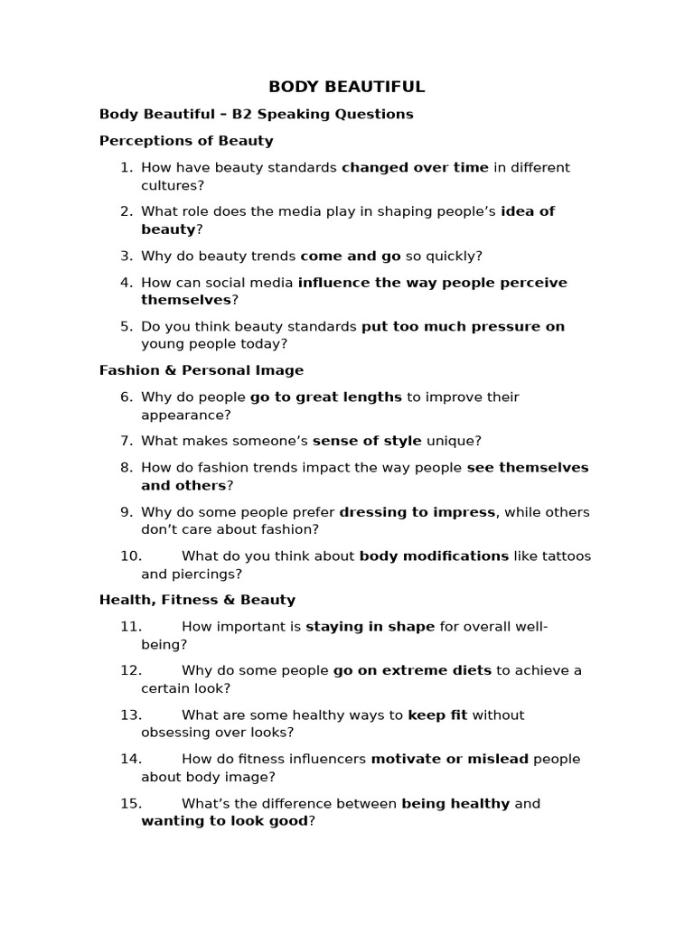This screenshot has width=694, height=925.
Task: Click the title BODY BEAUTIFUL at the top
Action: pyautogui.click(x=347, y=87)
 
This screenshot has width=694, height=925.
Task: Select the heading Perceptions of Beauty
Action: pyautogui.click(x=186, y=141)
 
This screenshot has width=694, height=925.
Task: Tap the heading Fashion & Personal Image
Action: pyautogui.click(x=202, y=370)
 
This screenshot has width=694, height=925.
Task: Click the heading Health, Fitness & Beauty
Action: pyautogui.click(x=197, y=600)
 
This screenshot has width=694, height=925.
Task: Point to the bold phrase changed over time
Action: pyautogui.click(x=415, y=167)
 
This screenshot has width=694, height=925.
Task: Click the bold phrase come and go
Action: pyautogui.click(x=351, y=256)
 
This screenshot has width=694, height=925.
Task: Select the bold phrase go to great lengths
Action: pyautogui.click(x=326, y=397)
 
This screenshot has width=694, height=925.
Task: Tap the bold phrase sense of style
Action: pyautogui.click(x=367, y=441)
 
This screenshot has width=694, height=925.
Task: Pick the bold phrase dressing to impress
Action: pyautogui.click(x=417, y=512)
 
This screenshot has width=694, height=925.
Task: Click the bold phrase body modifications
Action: pyautogui.click(x=434, y=556)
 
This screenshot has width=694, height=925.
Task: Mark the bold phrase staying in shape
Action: pyautogui.click(x=370, y=626)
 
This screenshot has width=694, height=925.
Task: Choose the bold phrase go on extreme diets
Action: pyautogui.click(x=412, y=670)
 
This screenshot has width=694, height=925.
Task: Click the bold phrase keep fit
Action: pyautogui.click(x=437, y=715)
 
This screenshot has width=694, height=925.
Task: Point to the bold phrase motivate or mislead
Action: pyautogui.click(x=450, y=759)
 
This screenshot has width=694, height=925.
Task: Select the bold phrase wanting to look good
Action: pyautogui.click(x=225, y=821)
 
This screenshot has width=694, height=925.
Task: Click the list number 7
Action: pyautogui.click(x=127, y=441)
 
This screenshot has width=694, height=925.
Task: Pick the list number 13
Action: pyautogui.click(x=131, y=715)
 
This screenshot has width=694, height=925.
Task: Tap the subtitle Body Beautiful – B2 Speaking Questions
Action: pyautogui.click(x=257, y=114)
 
